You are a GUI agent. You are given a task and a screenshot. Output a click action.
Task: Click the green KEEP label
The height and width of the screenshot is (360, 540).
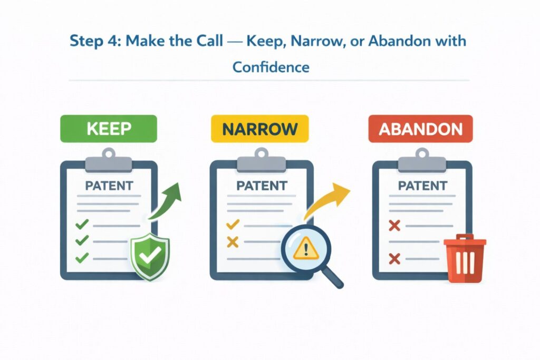click(109, 129)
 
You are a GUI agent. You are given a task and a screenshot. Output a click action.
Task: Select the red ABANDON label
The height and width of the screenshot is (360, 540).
click(420, 129)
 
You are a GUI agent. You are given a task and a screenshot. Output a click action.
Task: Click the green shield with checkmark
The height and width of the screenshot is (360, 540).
click(150, 257)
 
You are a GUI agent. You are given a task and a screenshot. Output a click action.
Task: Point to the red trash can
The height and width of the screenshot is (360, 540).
click(464, 260)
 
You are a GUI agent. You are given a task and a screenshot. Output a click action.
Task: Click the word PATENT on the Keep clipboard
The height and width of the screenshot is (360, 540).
click(109, 186)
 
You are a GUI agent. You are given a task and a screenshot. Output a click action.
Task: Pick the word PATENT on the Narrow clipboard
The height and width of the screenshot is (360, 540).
click(262, 186)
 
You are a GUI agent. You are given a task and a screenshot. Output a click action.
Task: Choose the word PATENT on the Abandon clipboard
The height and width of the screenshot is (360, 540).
click(422, 186)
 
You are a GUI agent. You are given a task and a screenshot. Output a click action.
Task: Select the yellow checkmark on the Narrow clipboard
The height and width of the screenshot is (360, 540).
click(233, 225)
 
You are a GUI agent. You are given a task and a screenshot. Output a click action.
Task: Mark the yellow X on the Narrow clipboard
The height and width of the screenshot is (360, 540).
click(233, 242)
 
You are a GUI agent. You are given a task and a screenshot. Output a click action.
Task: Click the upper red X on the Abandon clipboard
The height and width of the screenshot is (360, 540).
click(394, 226)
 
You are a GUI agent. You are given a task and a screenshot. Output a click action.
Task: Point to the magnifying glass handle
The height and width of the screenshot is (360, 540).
click(334, 278)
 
